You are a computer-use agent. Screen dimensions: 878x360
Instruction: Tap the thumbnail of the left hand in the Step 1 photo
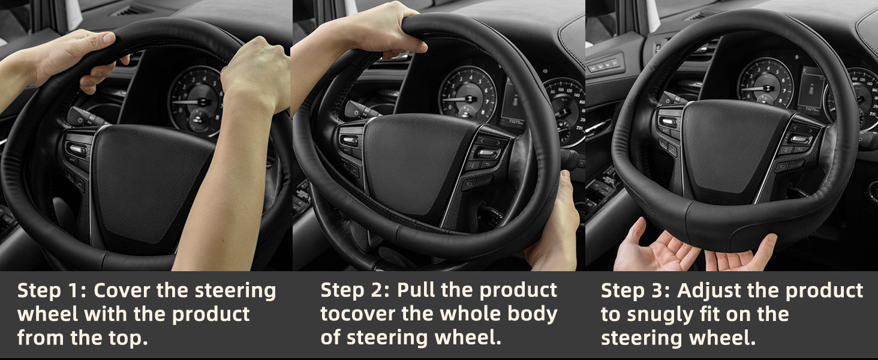click(x=109, y=38)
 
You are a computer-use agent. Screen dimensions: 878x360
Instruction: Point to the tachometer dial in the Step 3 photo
click(x=765, y=83)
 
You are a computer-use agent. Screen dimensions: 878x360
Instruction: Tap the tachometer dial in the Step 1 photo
click(x=196, y=101)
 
